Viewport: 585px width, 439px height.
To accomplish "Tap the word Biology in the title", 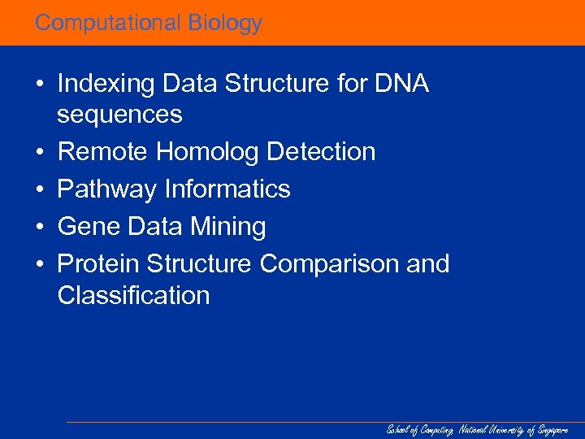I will coord(225,24).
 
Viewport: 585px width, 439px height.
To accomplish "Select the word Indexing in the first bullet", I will coord(107,85).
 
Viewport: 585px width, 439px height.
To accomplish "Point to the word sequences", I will coord(119,115).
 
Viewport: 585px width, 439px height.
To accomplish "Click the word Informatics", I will coord(227,189).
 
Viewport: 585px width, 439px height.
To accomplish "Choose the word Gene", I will coord(87,227).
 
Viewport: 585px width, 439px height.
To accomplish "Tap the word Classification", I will coord(133,294).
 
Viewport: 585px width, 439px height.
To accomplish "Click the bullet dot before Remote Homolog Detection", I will coord(39,152).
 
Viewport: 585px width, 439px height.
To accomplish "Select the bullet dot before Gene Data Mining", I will coord(39,227).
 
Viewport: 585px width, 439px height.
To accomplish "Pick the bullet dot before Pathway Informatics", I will coord(39,189).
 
